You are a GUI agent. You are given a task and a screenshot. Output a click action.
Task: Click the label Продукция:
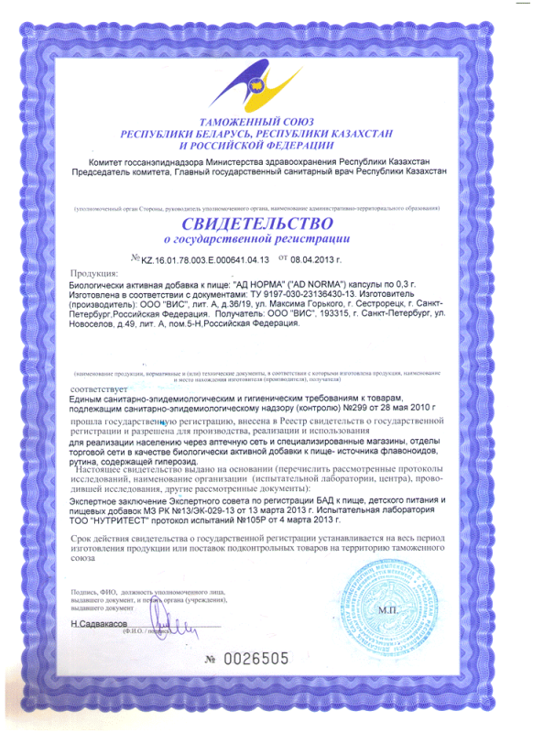coord(92,273)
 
